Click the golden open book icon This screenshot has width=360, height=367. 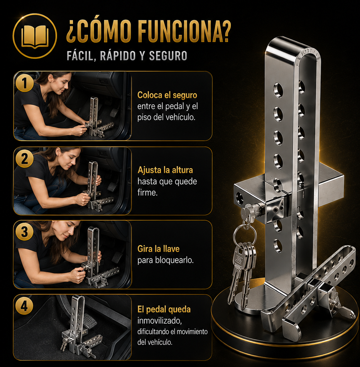point(35,36)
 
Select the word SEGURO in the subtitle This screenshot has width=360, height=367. point(168,56)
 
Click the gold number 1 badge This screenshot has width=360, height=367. point(25,83)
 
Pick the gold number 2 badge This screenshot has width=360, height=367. point(25,159)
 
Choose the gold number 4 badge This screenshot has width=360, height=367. point(25,306)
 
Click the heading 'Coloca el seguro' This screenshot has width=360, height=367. point(167,95)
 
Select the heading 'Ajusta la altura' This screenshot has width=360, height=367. point(165,170)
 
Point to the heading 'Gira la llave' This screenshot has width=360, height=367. point(159,249)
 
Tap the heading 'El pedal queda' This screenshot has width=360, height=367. point(164,309)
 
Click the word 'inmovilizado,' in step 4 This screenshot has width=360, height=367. point(160,321)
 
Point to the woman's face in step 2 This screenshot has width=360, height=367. point(71,159)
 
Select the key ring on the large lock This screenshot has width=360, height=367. point(245,234)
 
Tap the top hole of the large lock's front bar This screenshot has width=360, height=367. point(278,90)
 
